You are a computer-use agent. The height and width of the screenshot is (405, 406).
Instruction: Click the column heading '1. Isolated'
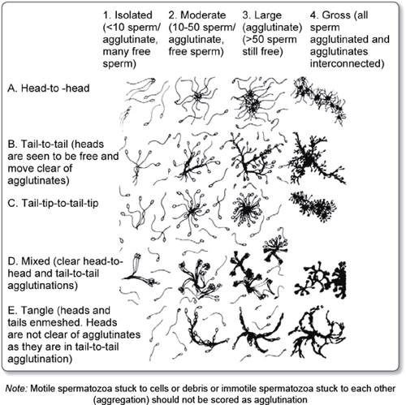[127, 15]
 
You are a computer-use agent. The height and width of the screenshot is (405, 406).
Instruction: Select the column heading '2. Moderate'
[197, 15]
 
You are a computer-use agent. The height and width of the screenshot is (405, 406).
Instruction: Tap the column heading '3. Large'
[261, 15]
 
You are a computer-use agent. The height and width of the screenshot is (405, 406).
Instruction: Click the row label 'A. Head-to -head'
[49, 88]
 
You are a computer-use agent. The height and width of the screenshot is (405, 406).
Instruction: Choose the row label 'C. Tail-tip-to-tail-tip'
[53, 203]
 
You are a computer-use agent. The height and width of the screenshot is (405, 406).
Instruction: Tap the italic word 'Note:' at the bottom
[16, 389]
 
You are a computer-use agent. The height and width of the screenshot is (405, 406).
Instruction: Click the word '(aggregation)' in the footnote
[120, 399]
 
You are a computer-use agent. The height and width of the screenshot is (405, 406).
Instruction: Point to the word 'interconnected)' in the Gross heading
[347, 64]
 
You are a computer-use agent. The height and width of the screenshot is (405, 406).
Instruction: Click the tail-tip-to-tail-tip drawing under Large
[246, 209]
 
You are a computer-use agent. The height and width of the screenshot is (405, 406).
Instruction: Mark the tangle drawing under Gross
[315, 331]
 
